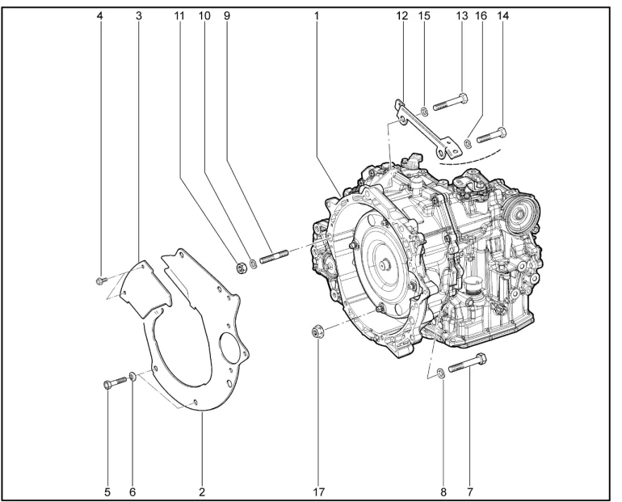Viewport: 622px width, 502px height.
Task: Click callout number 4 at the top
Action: [x=100, y=15]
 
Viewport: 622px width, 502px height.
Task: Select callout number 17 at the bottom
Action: [x=317, y=490]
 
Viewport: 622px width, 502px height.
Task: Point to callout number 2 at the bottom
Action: [x=202, y=490]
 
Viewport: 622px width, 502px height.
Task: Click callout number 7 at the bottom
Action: [x=469, y=490]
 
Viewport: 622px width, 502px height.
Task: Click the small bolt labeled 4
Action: [x=99, y=281]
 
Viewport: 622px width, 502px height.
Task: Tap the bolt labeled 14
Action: [x=490, y=134]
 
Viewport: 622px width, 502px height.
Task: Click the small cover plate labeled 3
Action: [x=138, y=287]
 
